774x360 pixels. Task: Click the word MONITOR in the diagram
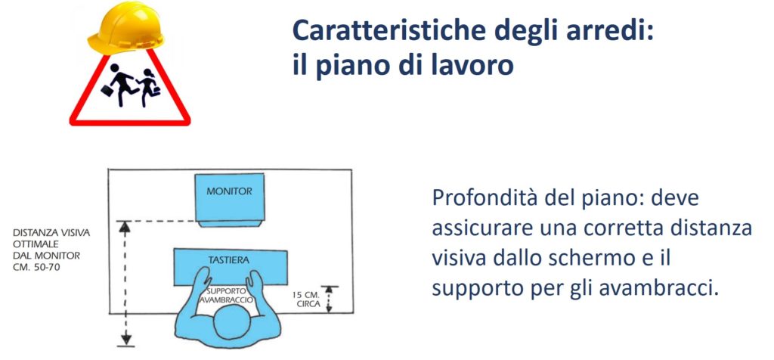pos(229,191)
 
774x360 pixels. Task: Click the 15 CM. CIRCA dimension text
pos(306,299)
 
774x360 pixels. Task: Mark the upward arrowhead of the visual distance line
pos(125,226)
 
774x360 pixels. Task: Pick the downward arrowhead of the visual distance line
pos(126,340)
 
